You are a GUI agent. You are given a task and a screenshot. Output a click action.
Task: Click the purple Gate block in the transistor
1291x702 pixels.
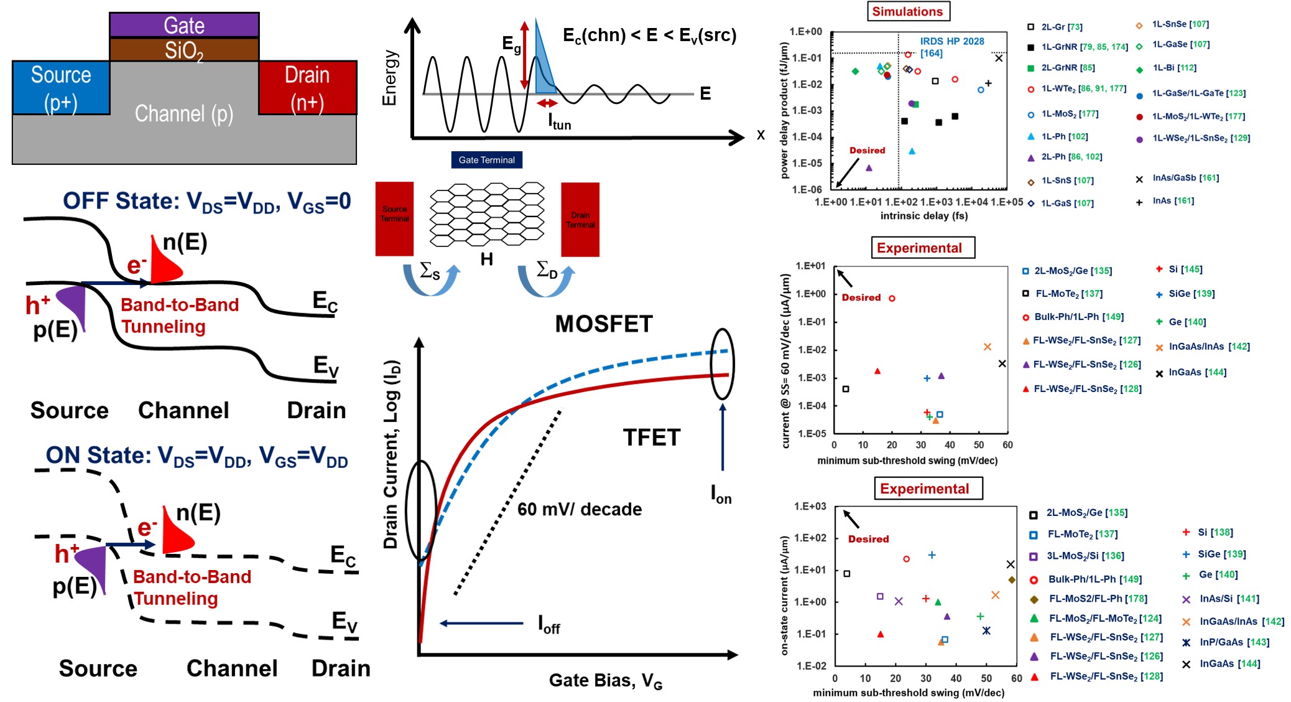coord(184,25)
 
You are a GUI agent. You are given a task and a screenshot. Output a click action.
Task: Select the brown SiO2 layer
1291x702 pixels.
coord(184,50)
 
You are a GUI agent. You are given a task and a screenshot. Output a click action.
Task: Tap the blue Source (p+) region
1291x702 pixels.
coord(61,88)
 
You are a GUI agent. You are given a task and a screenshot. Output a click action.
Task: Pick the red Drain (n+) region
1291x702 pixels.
coord(307,88)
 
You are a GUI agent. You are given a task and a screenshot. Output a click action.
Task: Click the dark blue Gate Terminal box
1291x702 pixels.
coord(486,160)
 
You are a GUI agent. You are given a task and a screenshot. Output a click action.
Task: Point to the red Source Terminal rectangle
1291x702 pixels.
coord(394,218)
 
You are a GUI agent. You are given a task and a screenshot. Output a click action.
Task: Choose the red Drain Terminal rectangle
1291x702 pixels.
coord(580,219)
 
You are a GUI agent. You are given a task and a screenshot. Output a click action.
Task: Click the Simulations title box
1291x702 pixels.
coord(907,11)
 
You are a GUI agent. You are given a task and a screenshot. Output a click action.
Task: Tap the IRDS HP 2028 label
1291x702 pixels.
coord(951,42)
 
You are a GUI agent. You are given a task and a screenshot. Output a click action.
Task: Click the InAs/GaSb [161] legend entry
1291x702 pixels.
coord(1185,178)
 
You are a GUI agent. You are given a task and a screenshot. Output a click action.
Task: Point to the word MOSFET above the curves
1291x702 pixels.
coord(604,324)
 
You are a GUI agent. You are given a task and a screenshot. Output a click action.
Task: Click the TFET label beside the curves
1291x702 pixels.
coord(652,438)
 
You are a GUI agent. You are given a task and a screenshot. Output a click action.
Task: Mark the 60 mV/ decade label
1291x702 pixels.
coord(580,510)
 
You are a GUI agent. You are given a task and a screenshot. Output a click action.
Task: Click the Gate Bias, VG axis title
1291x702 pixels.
coord(605,680)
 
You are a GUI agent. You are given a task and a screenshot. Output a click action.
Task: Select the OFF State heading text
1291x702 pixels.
coord(206,202)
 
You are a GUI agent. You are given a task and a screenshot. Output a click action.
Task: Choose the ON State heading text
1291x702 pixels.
coord(197,456)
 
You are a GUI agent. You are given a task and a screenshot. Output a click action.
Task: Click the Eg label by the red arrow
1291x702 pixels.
coord(511,44)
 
